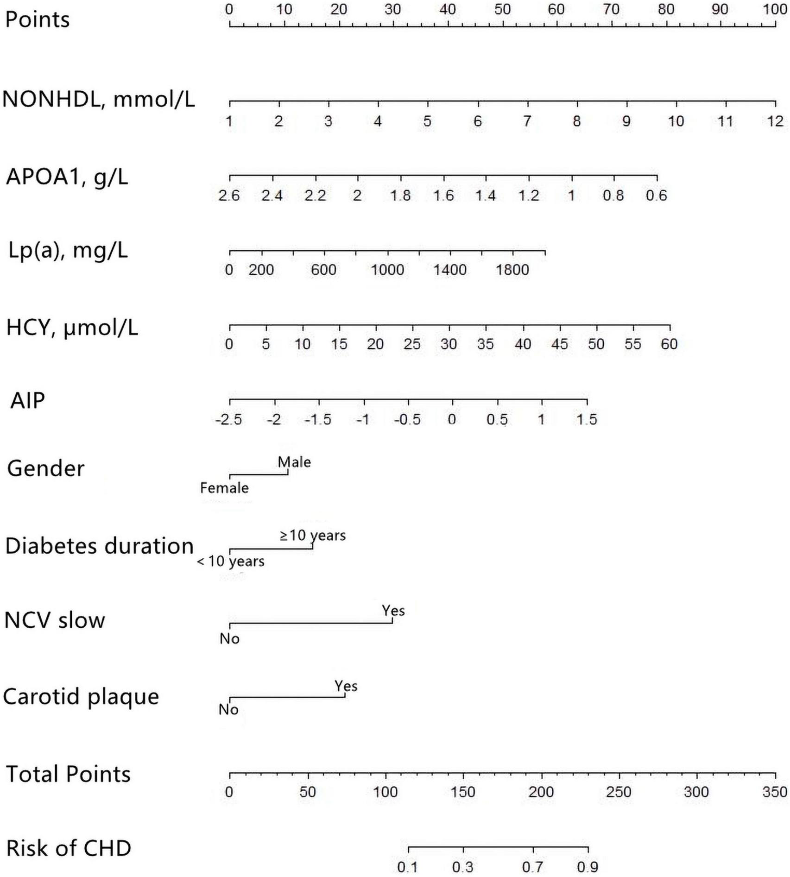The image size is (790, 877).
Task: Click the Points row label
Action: coord(37,19)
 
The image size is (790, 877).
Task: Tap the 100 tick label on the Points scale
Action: coord(775,9)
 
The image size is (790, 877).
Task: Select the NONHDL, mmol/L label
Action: coord(99,99)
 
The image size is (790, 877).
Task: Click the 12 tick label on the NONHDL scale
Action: coord(775,121)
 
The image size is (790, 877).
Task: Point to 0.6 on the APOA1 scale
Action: coord(656,196)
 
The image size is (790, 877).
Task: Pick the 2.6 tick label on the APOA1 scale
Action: coord(229,196)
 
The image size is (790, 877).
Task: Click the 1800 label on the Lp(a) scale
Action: coord(512,270)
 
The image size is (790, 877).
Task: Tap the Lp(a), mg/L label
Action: coord(68,251)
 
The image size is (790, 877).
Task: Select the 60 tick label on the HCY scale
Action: coord(669,344)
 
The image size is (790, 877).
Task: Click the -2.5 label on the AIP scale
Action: coord(228,419)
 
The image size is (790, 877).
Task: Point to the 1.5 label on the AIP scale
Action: coord(587,419)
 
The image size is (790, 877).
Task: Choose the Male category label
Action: coord(294,462)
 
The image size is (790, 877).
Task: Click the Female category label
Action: coord(224,488)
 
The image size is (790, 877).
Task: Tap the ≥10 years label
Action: coord(312,536)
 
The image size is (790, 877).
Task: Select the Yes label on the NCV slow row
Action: coord(393,611)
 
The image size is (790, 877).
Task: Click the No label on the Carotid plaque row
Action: coord(228,709)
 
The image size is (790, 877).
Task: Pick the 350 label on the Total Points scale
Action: coord(775,792)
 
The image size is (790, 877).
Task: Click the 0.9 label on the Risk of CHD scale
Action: coord(588,867)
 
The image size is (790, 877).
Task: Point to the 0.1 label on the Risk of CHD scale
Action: coord(408,867)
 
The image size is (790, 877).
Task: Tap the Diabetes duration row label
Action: coord(99,546)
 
